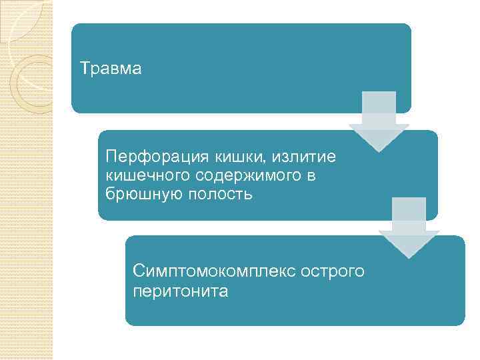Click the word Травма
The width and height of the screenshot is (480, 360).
click(111, 69)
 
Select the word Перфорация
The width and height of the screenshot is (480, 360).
click(157, 157)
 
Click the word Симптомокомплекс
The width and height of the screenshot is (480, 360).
click(213, 272)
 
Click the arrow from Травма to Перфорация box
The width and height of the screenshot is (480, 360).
click(379, 120)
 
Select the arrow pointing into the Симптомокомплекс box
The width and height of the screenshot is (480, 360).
click(409, 227)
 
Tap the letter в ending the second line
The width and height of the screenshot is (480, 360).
click(309, 176)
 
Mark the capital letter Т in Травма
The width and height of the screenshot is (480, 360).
click(84, 69)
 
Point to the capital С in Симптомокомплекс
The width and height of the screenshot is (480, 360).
click(138, 272)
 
